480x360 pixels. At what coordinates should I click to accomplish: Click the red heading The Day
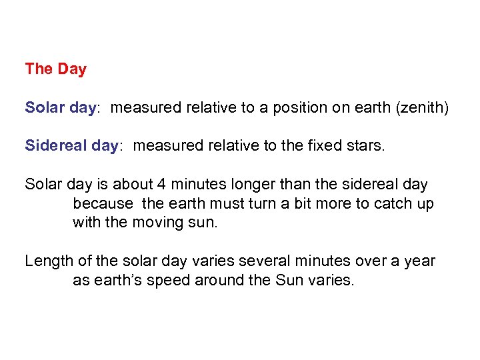pos(55,69)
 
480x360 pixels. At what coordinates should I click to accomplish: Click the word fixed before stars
pos(321,145)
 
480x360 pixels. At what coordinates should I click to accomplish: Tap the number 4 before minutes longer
pos(160,184)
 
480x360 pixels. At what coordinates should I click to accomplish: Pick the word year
pos(420,261)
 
